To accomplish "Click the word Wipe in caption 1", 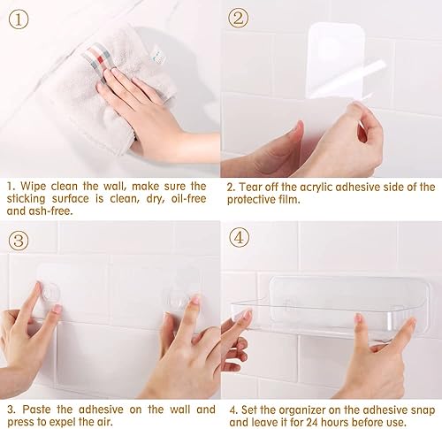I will coord(34,187).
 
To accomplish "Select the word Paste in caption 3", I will coord(37,410).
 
